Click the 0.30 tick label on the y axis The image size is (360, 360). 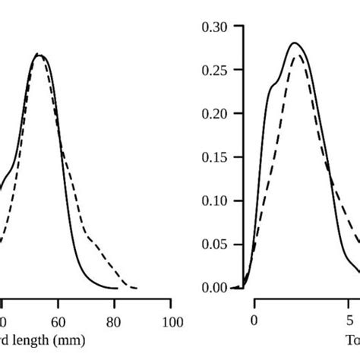point(215,27)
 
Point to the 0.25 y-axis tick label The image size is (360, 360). point(215,70)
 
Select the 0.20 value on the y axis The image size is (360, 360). point(215,114)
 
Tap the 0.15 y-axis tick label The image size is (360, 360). point(215,157)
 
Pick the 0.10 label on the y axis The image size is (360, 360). point(215,201)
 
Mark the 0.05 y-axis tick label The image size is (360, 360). point(215,245)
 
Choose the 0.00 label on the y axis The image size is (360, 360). point(215,288)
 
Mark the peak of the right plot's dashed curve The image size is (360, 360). point(301,55)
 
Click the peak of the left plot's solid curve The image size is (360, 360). point(38,54)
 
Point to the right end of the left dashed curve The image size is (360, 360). point(136,288)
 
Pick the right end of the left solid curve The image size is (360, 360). point(117,288)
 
